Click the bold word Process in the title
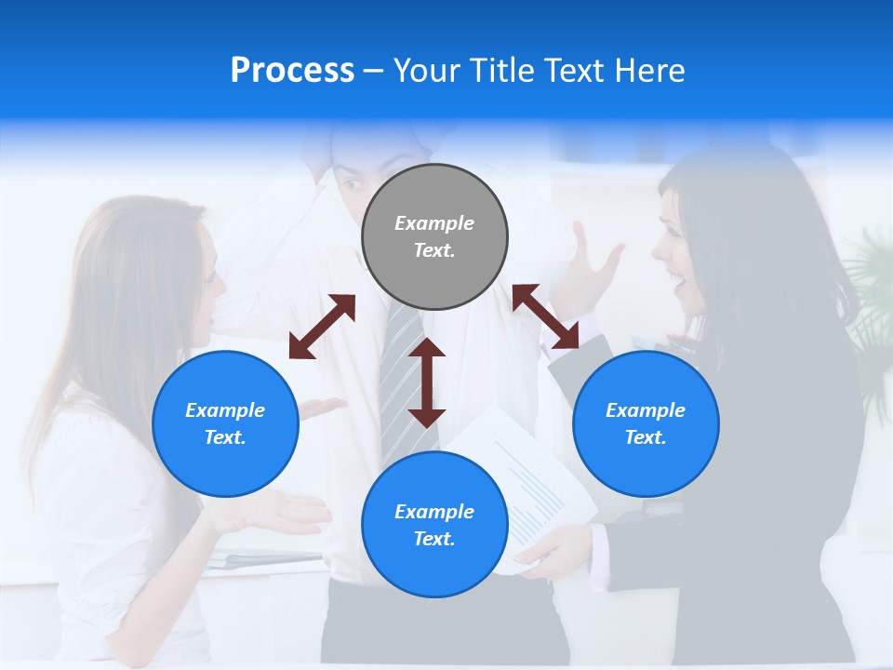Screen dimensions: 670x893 tap(292, 71)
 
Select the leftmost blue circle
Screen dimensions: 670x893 tap(225, 423)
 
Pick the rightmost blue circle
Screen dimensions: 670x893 tap(646, 423)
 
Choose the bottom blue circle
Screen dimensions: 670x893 tap(434, 525)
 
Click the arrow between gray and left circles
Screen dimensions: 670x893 tap(322, 327)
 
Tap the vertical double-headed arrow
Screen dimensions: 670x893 tap(427, 382)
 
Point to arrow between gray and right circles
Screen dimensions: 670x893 tap(546, 316)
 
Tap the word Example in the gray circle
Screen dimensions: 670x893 tap(434, 223)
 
